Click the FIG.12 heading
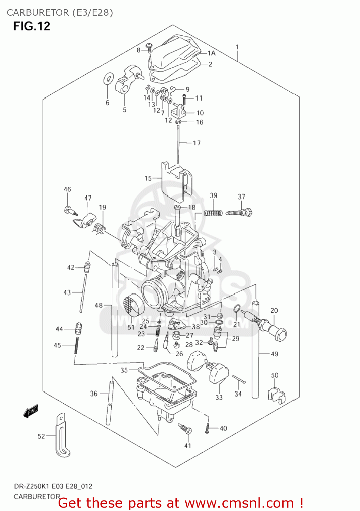[x=32, y=26]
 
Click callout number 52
[x=41, y=436]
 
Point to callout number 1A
[x=212, y=53]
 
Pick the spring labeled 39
[x=213, y=213]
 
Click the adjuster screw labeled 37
[x=240, y=213]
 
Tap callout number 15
[x=148, y=178]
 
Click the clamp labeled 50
[x=276, y=393]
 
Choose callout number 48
[x=98, y=305]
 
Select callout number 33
[x=219, y=397]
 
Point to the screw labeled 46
[x=70, y=210]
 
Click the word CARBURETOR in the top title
[x=37, y=13]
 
